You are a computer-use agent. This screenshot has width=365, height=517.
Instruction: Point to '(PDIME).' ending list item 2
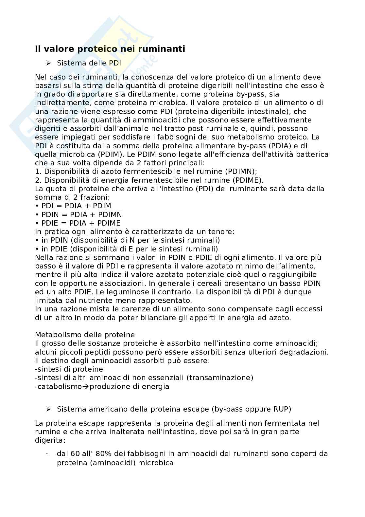[248, 180]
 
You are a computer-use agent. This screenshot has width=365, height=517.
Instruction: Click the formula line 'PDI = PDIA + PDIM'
[76, 206]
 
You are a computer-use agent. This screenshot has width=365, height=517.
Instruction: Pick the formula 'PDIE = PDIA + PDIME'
[81, 223]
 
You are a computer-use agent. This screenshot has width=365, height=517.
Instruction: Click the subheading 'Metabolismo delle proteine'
[85, 335]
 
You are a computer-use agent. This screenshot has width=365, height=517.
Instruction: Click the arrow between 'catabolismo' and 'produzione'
[86, 386]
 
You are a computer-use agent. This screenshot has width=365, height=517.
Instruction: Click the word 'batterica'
[314, 154]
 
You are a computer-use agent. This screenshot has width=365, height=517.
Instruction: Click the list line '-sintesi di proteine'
[69, 369]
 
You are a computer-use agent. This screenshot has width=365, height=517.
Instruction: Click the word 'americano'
[100, 409]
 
